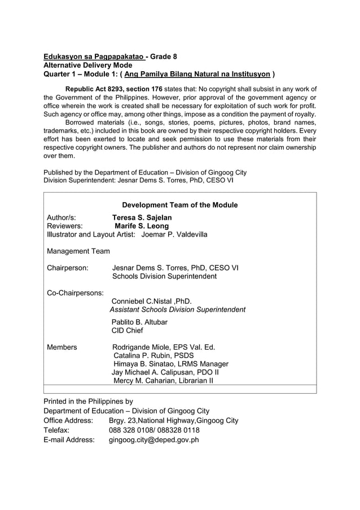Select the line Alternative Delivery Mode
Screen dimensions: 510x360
click(x=87, y=65)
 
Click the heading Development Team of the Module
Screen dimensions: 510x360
click(x=180, y=205)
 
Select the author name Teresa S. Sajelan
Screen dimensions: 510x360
click(x=142, y=217)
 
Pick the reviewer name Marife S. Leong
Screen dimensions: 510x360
click(x=142, y=226)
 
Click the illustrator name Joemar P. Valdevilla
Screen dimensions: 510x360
click(x=174, y=234)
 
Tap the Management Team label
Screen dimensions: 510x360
click(x=78, y=251)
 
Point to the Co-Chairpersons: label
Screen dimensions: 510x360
click(x=75, y=293)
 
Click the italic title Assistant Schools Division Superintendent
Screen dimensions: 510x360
click(x=178, y=310)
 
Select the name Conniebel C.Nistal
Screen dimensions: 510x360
click(x=144, y=301)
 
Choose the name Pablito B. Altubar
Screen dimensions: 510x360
click(x=139, y=322)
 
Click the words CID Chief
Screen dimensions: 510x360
click(x=127, y=330)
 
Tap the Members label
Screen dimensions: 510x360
click(x=62, y=347)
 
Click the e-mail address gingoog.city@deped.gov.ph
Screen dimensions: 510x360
click(x=153, y=439)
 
